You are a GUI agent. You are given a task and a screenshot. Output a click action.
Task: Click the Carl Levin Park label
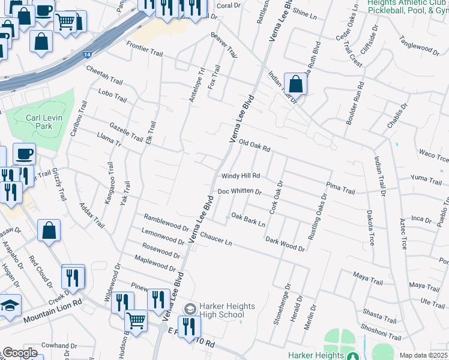click(x=44, y=122)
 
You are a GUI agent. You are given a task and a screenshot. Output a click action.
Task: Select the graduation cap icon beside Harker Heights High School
click(x=190, y=309)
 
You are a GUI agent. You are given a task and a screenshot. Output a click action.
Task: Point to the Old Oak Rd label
click(x=255, y=145)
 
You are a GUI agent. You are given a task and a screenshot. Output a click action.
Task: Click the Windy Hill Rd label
click(x=240, y=176)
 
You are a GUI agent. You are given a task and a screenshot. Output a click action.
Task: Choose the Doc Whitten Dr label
click(x=240, y=191)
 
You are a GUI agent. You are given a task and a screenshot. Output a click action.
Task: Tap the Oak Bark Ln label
click(x=248, y=220)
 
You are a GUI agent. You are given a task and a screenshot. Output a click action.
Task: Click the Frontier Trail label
click(x=145, y=49)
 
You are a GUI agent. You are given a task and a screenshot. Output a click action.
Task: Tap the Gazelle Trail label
click(x=127, y=133)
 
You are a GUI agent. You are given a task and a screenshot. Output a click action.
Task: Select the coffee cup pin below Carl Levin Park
click(x=24, y=154)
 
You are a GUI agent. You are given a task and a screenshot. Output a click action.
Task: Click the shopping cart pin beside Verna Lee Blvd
click(x=136, y=320)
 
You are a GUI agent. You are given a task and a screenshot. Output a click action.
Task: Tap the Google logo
click(x=20, y=353)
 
